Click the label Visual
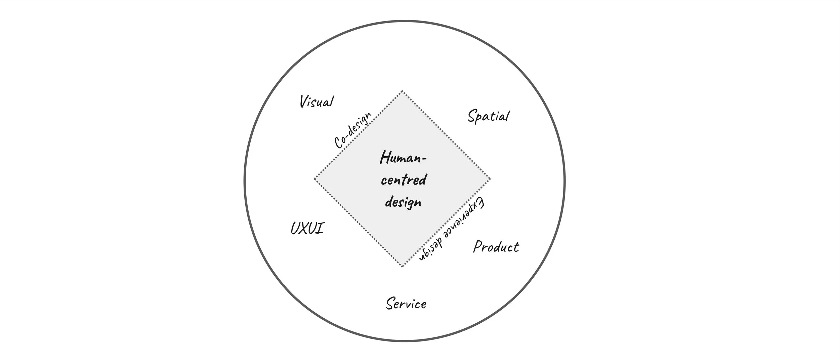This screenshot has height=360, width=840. [x=317, y=102]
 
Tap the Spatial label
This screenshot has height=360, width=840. [x=488, y=116]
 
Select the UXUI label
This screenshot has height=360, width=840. [x=307, y=229]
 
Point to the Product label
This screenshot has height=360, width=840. [x=496, y=247]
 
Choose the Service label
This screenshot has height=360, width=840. [x=406, y=304]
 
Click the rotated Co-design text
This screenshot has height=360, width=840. [x=353, y=130]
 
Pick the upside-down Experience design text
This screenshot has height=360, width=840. [x=452, y=229]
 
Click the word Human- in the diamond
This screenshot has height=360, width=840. [x=403, y=158]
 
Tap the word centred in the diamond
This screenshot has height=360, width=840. [x=404, y=180]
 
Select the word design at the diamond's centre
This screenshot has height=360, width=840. [x=403, y=203]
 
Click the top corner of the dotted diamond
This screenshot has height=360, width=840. [x=402, y=91]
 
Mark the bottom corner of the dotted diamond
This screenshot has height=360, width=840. [x=402, y=267]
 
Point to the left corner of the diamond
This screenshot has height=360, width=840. [x=314, y=179]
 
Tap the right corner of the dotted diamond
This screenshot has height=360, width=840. [x=490, y=179]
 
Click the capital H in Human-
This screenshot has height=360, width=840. [x=385, y=157]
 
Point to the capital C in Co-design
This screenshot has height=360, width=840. [x=339, y=143]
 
